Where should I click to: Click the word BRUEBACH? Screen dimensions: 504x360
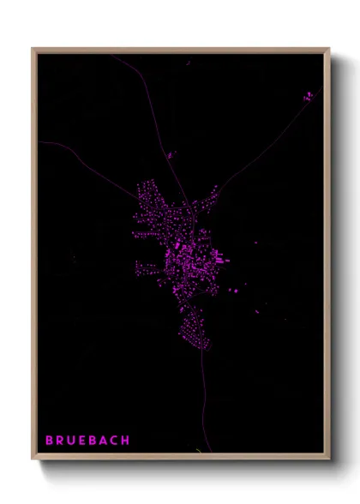[87, 441]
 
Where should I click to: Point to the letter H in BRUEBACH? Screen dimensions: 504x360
[126, 441]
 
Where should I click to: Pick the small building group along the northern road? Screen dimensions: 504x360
[170, 155]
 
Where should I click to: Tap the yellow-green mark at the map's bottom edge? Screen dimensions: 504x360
[199, 451]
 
